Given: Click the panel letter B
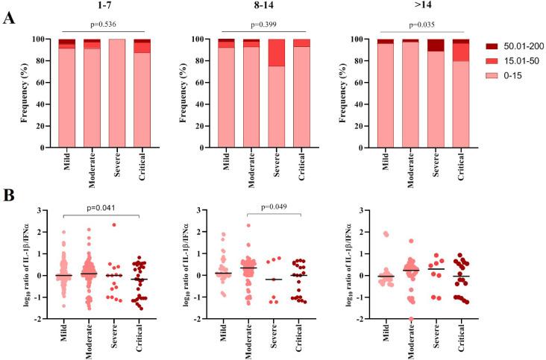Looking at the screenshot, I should tap(10, 195).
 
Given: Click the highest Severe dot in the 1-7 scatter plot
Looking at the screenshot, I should tap(114, 224).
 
